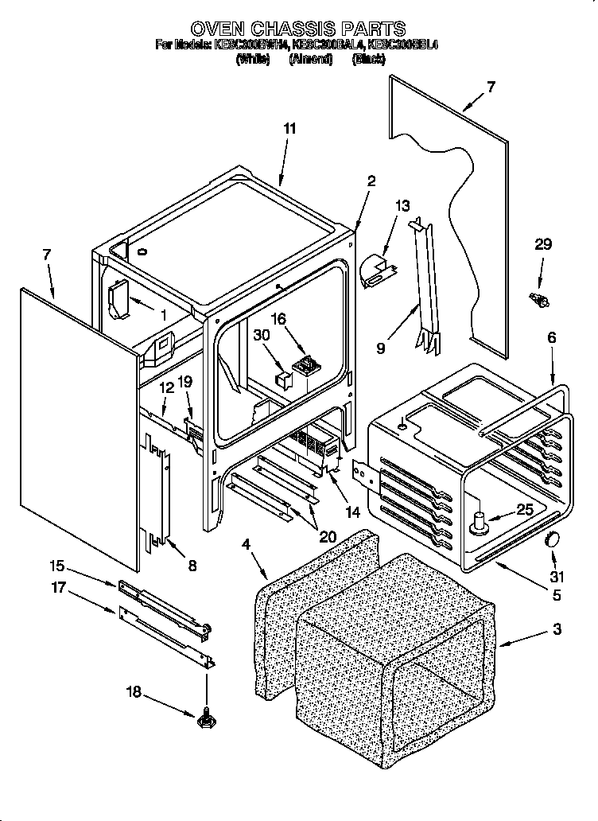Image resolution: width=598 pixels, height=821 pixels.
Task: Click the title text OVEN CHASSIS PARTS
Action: click(298, 29)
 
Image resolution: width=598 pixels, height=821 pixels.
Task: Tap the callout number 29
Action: click(542, 245)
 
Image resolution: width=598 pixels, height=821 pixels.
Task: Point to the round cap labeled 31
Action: click(549, 541)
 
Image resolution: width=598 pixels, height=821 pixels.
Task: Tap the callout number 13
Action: click(402, 206)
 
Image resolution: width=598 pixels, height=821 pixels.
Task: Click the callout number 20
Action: click(327, 536)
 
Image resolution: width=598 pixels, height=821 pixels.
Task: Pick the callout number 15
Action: click(56, 566)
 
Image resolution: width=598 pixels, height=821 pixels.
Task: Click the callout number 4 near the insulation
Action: click(247, 544)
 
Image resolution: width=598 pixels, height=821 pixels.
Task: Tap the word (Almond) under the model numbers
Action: click(310, 59)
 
